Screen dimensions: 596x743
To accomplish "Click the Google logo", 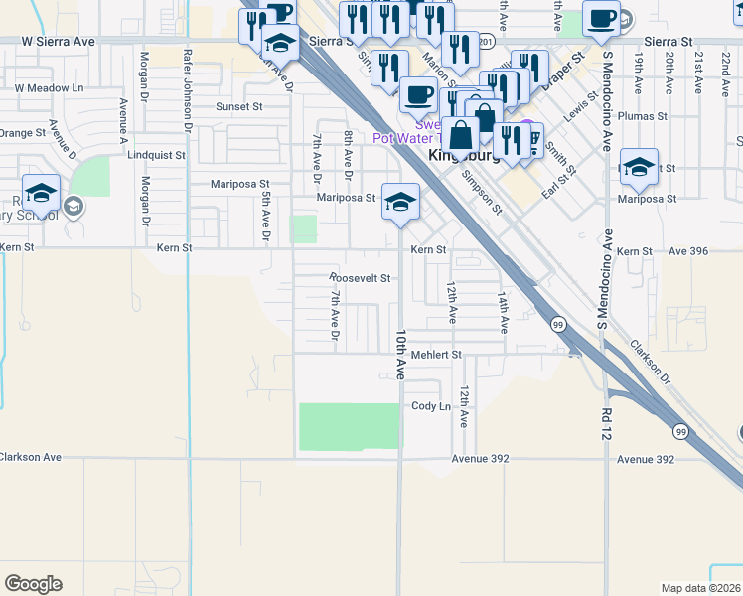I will coord(33,584).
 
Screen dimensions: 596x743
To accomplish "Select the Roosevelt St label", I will coord(360,278).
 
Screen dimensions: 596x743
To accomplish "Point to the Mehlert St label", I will coord(437,354).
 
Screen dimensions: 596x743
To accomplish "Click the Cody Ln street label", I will coord(431,406).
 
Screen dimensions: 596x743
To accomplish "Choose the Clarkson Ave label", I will coord(30,457).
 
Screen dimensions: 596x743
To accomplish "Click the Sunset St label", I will coord(239,105).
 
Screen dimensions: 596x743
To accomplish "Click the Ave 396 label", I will coord(686,251).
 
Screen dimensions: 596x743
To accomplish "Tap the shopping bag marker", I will coord(461,136).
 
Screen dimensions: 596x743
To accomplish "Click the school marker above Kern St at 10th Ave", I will coord(399,203).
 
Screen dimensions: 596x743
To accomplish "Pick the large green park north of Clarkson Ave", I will coord(349,426).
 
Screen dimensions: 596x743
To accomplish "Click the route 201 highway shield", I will coord(486,43).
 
